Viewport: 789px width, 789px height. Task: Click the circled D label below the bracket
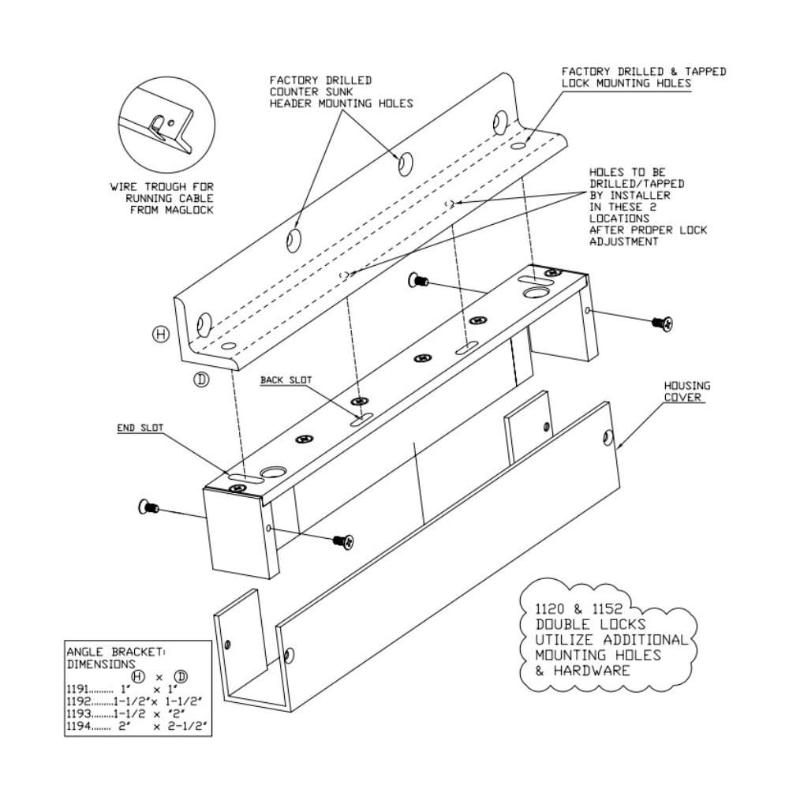(201, 380)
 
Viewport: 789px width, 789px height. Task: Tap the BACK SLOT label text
(286, 380)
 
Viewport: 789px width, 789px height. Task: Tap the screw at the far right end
(660, 322)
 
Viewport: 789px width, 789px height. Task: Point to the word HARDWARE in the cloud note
(582, 671)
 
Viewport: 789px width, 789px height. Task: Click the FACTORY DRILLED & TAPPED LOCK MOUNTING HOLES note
(643, 77)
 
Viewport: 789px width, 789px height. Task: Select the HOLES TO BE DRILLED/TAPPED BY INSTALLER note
(647, 207)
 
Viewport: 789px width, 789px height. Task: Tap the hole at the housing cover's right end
(608, 436)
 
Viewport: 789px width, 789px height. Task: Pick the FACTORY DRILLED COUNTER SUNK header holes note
(341, 92)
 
